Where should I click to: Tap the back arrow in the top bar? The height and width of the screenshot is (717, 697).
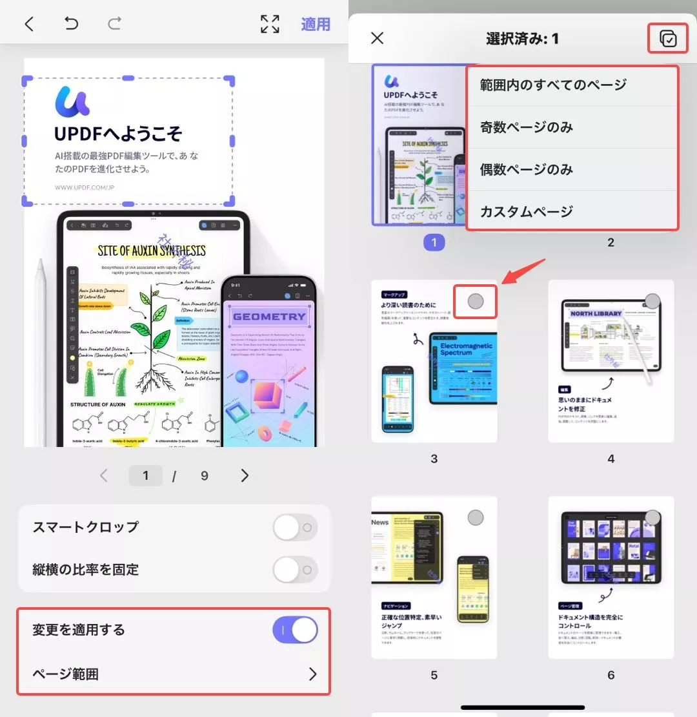coord(29,24)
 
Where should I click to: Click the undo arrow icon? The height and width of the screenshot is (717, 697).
coord(71,24)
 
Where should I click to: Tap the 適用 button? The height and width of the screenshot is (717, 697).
coord(316,24)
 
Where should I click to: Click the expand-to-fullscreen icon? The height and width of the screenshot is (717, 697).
coord(270,24)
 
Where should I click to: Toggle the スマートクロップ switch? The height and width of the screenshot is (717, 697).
coord(295,527)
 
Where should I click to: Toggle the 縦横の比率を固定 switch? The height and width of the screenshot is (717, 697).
coord(295,570)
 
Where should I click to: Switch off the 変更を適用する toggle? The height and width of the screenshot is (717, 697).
coord(295,630)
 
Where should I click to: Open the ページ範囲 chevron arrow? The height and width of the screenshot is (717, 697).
coord(313,674)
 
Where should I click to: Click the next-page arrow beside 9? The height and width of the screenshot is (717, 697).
coord(245,476)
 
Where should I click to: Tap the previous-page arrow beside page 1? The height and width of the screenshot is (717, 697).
coord(104,476)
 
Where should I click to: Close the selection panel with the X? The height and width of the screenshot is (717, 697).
coord(378,38)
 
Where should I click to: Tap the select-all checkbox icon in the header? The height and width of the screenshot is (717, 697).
coord(668,39)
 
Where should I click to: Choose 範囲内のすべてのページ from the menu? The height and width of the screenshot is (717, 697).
coord(553,85)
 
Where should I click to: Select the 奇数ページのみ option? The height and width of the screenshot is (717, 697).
coord(527,127)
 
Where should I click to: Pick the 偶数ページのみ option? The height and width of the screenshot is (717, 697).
coord(527,170)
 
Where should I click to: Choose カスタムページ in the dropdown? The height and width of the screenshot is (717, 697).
coord(527,212)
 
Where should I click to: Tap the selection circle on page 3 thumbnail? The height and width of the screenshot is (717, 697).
coord(476,301)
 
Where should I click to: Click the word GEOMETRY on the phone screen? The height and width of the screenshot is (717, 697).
coord(269,317)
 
